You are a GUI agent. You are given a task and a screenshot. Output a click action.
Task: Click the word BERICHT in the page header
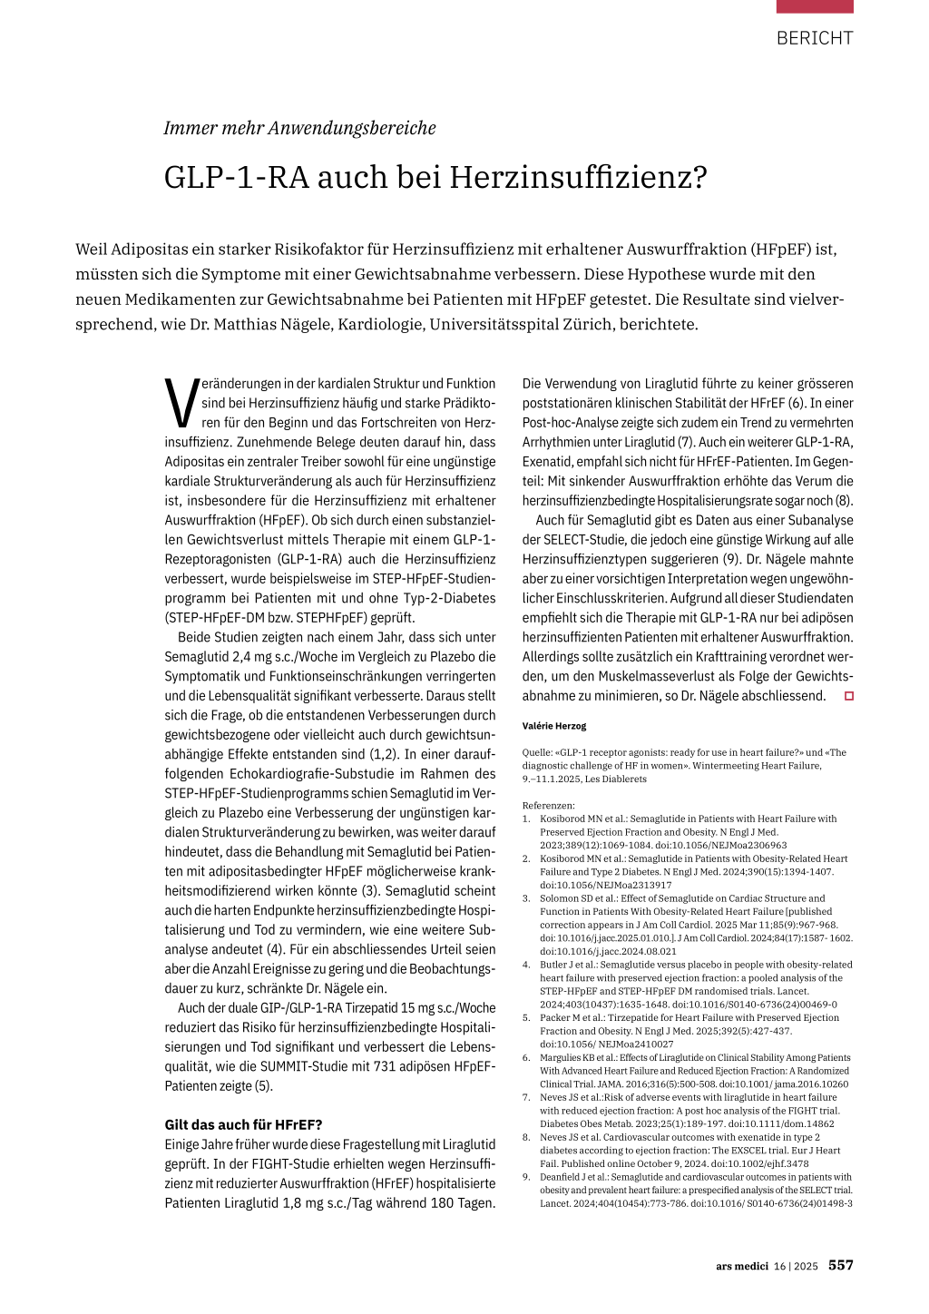814,38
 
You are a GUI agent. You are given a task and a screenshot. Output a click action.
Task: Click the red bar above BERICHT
814,6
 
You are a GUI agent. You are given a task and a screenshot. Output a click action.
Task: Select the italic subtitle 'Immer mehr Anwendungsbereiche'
299,128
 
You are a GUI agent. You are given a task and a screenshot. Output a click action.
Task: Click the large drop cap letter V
181,402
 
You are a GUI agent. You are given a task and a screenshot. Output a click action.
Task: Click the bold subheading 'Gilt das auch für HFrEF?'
243,1124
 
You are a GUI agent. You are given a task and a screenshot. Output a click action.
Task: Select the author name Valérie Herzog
554,726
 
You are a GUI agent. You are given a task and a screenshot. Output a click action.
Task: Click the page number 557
840,1265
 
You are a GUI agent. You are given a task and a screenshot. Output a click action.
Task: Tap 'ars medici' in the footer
741,1266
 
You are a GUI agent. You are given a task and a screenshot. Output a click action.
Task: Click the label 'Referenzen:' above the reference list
548,805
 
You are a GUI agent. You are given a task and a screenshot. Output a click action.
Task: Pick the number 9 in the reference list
525,1177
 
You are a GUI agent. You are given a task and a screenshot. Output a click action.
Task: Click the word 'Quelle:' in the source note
537,752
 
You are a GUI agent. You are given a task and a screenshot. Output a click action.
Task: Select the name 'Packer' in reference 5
555,1017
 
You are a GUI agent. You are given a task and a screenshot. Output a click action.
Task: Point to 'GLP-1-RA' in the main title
236,177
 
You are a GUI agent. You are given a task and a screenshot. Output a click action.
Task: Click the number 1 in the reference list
525,819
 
